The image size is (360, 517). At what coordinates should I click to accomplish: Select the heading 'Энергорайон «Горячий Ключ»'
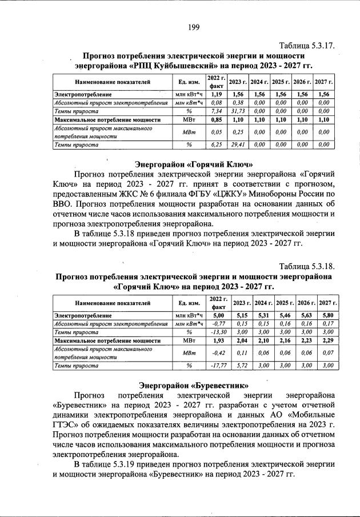tap(193, 165)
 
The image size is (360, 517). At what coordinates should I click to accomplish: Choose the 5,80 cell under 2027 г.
tap(327, 314)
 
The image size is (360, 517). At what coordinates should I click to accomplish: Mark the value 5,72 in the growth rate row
tap(241, 365)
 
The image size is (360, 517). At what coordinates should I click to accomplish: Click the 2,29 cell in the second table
tap(327, 340)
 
